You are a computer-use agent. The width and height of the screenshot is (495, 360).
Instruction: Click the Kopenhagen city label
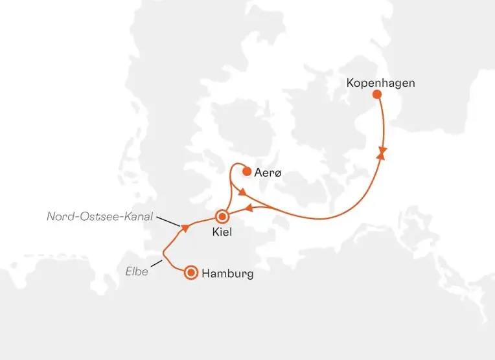tap(380, 83)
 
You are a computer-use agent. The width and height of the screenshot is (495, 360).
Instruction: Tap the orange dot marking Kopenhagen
tap(377, 95)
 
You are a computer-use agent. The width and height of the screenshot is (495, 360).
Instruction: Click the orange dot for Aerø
tap(246, 172)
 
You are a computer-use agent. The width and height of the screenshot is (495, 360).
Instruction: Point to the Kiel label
tap(222, 232)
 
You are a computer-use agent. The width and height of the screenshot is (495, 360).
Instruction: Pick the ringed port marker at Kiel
tap(223, 216)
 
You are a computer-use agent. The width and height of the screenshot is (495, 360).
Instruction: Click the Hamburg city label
tap(227, 273)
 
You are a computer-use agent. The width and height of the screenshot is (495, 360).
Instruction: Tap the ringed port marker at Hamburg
tap(191, 273)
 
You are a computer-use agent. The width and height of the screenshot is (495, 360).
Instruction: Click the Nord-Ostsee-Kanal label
tap(99, 216)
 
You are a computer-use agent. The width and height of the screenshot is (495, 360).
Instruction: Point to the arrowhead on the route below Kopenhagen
tap(383, 153)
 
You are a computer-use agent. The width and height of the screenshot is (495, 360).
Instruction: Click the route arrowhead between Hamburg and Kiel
tap(186, 227)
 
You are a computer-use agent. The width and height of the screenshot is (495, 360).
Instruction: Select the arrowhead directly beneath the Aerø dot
tap(241, 192)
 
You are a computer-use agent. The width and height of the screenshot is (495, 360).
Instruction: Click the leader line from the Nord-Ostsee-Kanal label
tap(168, 222)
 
